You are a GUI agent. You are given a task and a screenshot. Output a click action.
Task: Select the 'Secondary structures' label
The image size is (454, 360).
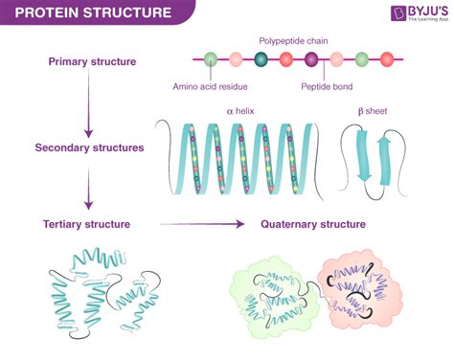[x=88, y=148]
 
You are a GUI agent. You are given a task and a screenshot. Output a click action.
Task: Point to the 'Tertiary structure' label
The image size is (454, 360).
[x=87, y=224]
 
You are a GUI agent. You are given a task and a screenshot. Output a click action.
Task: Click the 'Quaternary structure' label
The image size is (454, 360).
[x=313, y=224]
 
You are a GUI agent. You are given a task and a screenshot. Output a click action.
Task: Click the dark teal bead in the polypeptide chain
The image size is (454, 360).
[x=261, y=60]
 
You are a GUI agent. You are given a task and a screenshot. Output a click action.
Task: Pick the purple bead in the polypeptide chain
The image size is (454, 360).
[x=312, y=60]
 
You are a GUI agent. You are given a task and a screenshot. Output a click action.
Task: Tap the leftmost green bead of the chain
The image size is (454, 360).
[x=211, y=60]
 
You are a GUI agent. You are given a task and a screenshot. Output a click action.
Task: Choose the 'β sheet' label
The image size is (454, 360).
[x=373, y=111]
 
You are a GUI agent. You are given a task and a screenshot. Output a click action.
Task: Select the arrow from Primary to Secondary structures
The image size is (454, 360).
[x=88, y=105]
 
